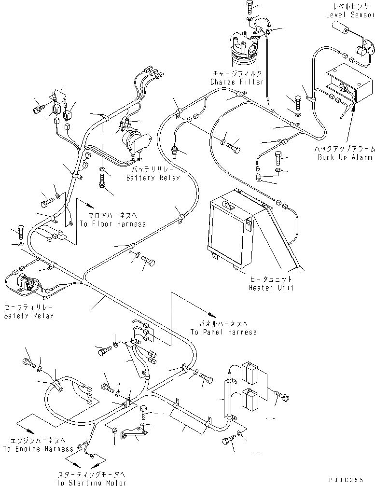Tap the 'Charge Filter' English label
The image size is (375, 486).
click(x=236, y=82)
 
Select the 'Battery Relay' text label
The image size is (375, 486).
click(x=153, y=178)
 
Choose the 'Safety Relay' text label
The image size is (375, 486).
click(x=29, y=316)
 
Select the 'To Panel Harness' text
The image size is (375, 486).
click(x=223, y=332)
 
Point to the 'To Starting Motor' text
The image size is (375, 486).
click(x=91, y=482)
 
